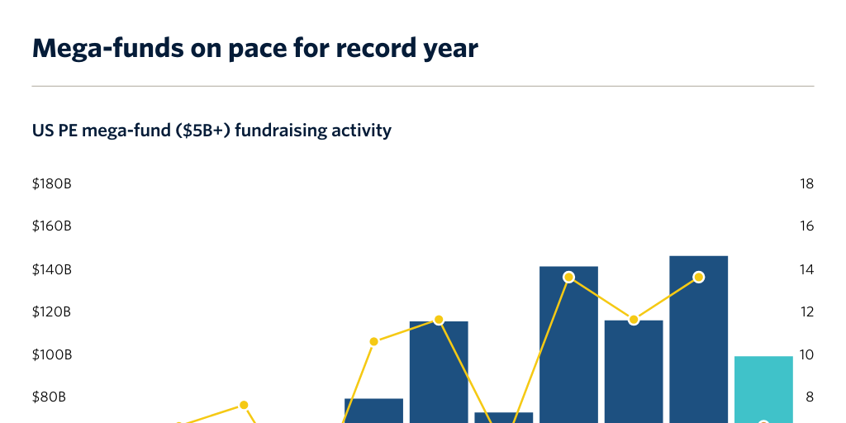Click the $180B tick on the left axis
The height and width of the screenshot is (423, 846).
51,183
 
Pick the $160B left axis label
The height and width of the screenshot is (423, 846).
51,226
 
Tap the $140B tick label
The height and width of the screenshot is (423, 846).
51,269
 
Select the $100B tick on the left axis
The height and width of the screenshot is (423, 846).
51,355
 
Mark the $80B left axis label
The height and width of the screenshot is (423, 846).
49,397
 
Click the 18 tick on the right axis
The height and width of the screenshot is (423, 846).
807,183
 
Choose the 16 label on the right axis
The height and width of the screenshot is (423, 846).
807,226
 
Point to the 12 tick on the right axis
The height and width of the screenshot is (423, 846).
807,312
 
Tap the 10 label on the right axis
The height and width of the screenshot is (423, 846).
807,355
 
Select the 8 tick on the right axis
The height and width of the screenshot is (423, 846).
810,397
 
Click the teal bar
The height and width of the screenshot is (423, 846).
763,388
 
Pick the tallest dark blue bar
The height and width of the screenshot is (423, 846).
698,347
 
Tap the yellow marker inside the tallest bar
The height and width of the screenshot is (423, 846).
699,277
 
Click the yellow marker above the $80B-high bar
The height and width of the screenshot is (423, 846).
373,341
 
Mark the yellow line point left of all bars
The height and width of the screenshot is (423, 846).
244,404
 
